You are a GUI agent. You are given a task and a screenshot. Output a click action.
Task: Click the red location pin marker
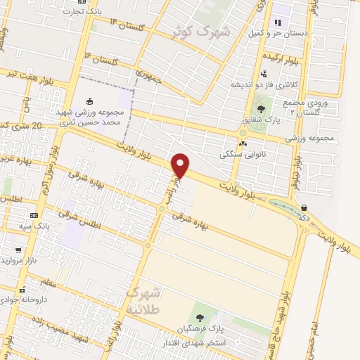181,165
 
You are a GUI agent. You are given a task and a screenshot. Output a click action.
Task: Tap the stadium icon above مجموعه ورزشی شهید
89,101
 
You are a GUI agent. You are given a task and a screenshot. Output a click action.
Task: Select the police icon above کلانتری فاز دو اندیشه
264,73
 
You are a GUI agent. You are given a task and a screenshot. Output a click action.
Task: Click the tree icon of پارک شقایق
262,109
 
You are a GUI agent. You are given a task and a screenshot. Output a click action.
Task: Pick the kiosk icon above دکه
304,207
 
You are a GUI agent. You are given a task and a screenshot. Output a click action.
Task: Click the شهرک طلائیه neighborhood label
145,300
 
